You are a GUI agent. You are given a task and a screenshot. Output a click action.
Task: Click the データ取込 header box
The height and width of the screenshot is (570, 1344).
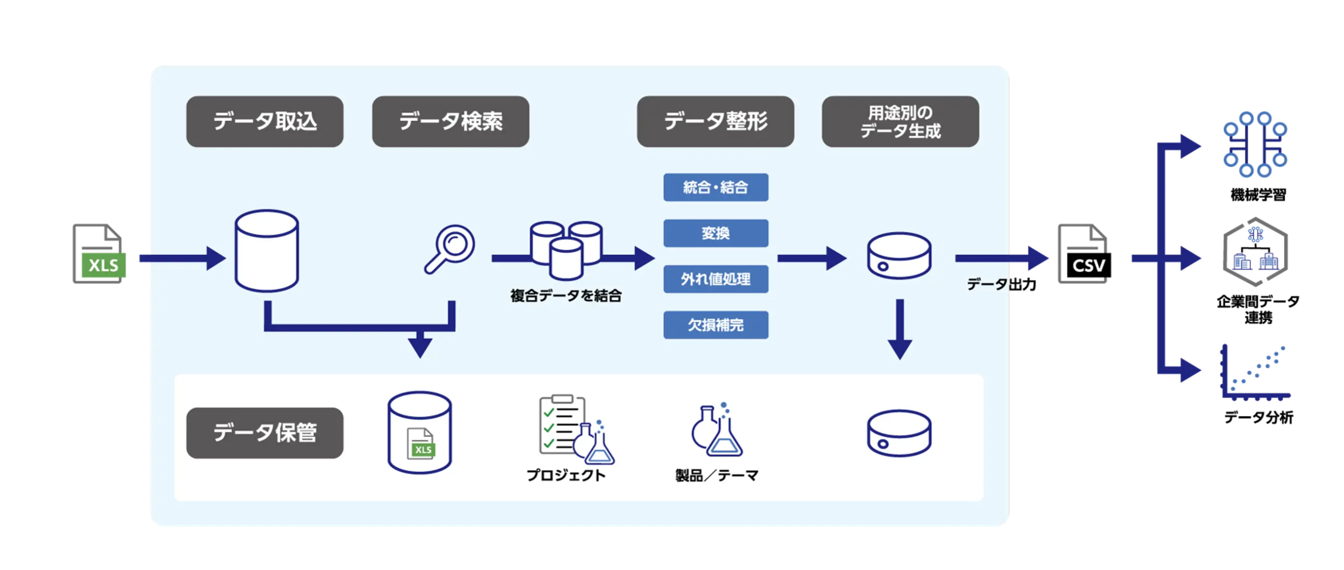pos(264,121)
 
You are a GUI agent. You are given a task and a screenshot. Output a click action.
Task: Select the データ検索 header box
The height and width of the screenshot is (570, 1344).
pos(450,121)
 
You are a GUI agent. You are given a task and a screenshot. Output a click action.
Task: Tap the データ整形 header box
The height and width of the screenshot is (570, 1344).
pos(715,121)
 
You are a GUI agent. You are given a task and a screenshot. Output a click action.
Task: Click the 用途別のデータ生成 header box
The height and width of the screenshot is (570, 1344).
pos(900,121)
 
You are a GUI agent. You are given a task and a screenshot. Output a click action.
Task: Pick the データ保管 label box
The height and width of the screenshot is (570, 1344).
pos(264,433)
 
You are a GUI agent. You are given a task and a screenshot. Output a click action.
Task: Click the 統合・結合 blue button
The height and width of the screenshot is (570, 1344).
pos(715,187)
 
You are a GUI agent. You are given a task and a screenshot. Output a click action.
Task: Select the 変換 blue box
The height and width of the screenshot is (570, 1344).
pos(715,233)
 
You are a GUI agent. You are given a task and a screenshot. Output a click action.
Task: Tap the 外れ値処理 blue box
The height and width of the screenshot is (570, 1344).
pos(715,279)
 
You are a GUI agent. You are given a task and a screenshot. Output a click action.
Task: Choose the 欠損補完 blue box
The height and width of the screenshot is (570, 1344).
pos(715,325)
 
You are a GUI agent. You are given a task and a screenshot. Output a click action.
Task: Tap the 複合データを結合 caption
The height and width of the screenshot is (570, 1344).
pos(565,296)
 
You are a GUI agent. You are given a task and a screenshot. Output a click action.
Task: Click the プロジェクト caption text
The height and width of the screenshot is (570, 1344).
pos(565,475)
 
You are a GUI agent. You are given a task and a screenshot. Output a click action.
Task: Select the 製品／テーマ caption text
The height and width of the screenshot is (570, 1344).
pos(716,475)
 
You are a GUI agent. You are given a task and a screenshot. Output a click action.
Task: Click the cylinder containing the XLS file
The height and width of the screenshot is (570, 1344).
pos(420,433)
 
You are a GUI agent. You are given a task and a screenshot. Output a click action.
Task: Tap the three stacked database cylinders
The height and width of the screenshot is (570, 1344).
pos(566,249)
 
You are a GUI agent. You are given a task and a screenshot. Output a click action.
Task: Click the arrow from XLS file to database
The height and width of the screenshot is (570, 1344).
pos(182,259)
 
